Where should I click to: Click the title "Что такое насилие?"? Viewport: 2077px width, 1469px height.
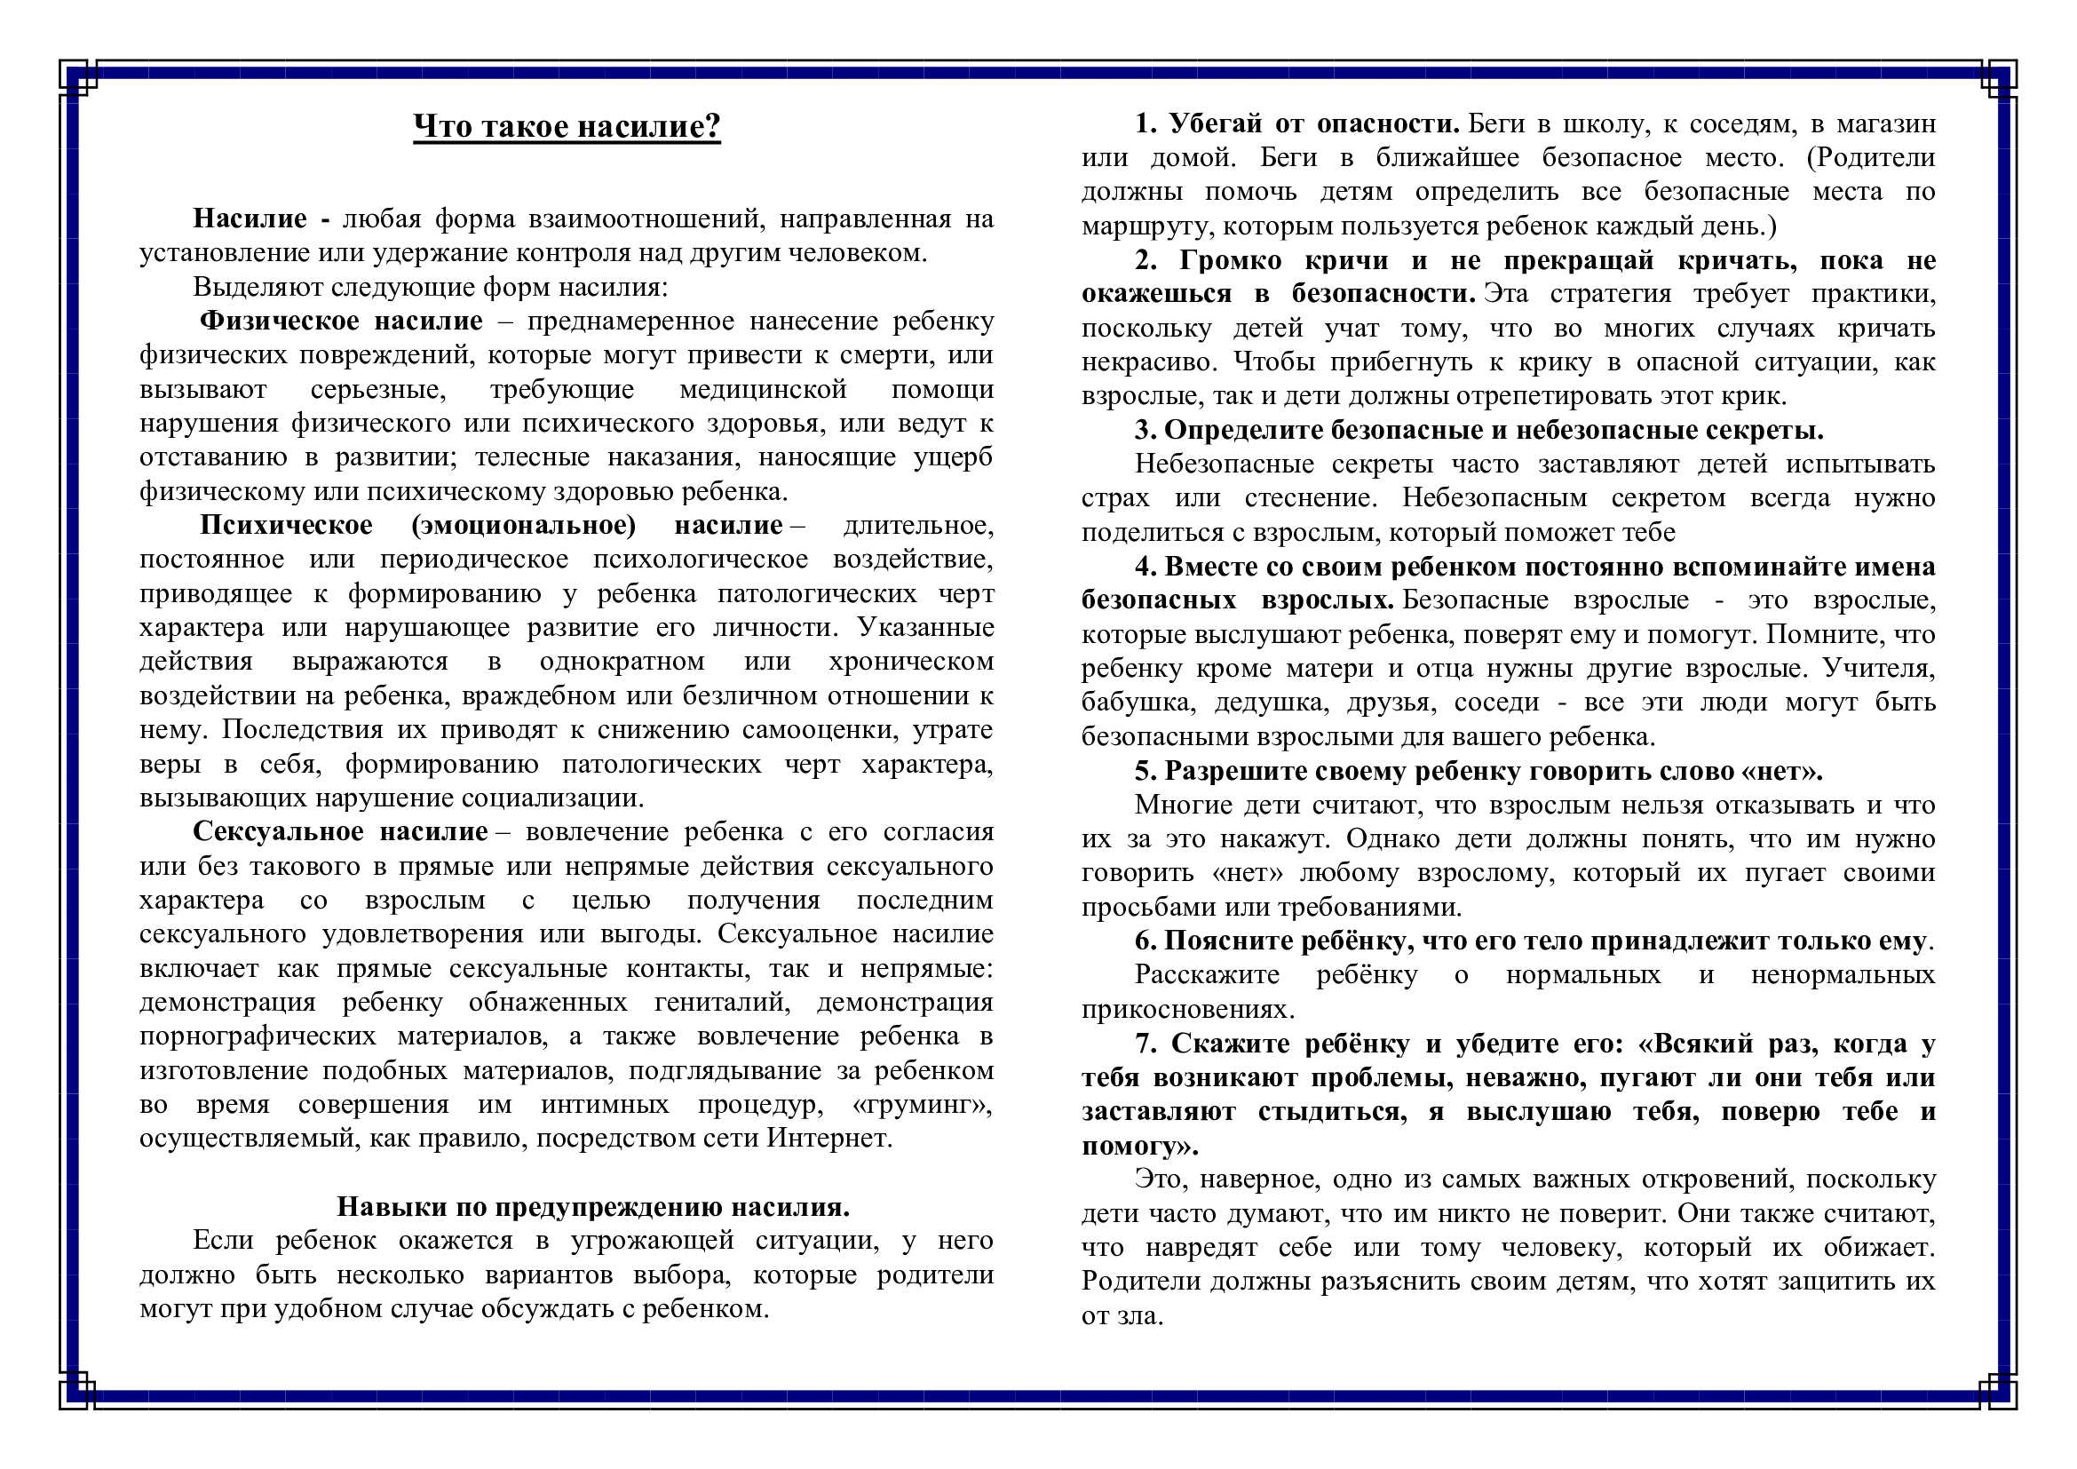click(567, 127)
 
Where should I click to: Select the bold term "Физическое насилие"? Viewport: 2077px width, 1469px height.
click(341, 322)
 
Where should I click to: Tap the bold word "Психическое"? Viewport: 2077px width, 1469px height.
click(286, 526)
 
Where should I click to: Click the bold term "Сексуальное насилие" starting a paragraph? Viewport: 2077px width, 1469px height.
click(340, 832)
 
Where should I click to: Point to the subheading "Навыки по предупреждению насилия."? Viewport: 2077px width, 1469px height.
click(592, 1207)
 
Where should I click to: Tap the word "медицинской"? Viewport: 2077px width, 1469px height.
click(763, 390)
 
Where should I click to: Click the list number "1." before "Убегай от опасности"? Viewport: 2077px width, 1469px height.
click(1146, 124)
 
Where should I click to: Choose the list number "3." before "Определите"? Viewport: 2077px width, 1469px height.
click(1146, 431)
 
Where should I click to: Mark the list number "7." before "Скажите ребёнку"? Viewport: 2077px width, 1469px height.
click(1146, 1044)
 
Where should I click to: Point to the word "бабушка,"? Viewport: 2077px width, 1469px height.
click(1136, 703)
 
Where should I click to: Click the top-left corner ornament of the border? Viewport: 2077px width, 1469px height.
click(78, 78)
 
